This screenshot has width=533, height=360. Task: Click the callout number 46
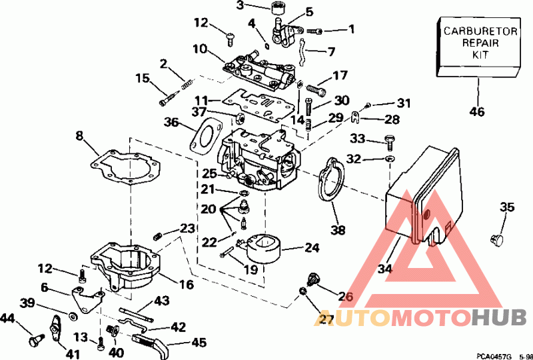click(477, 111)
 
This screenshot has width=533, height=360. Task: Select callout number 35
click(507, 207)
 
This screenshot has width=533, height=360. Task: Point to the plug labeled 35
click(496, 239)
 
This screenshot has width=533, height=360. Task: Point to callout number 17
click(340, 75)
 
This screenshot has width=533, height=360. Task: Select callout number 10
click(201, 49)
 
